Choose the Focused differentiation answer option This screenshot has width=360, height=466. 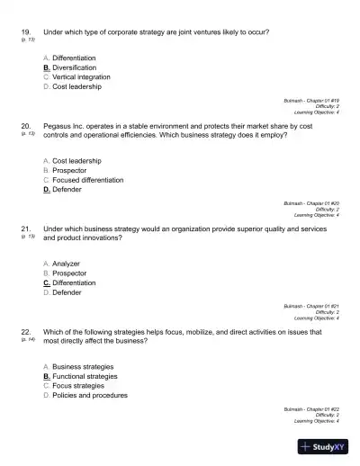(x=90, y=180)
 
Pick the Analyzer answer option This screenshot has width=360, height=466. (x=67, y=264)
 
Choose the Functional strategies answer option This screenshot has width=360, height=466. (x=85, y=376)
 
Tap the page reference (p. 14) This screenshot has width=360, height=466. (x=26, y=340)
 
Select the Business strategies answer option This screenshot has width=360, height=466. (x=83, y=367)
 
